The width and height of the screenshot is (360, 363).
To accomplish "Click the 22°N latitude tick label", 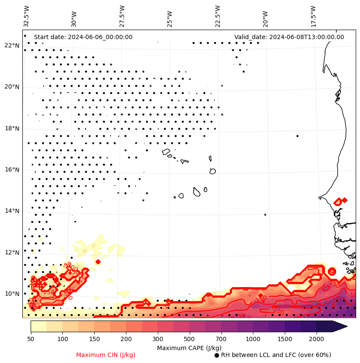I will pos(12,46).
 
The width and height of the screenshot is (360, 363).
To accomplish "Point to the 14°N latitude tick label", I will pos(12,211).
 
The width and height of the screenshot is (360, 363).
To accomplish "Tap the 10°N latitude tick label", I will pos(12,294).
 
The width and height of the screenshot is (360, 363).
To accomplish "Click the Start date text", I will pos(83,37).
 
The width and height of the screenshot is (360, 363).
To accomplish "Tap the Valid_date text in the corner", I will pos(289,37).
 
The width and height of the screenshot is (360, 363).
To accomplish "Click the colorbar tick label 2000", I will pos(316,339).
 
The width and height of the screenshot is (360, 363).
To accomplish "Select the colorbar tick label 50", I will pos(31,339).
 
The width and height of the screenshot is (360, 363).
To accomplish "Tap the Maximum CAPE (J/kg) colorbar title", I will pos(189,348).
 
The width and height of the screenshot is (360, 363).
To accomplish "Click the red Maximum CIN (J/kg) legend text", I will pos(106,355).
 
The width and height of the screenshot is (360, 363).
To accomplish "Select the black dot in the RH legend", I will pos(217,355).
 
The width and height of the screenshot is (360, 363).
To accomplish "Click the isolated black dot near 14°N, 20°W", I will pos(265,214).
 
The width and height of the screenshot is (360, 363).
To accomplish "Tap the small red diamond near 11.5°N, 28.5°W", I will pos(98,262).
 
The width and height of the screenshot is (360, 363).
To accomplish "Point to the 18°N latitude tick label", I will pos(12,128).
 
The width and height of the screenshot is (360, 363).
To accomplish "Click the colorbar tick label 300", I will pos(157,339).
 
